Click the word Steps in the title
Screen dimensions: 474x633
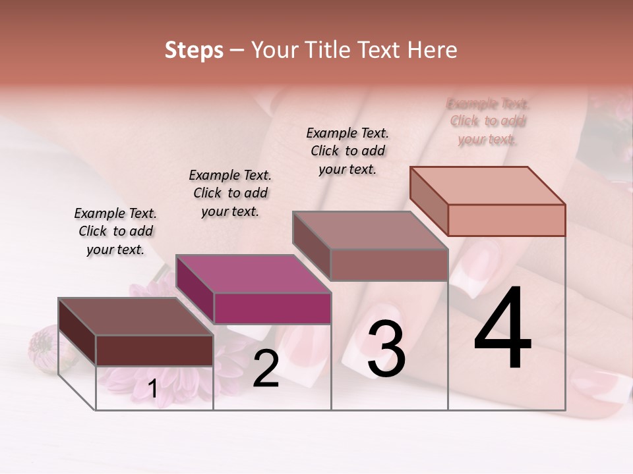coord(194,50)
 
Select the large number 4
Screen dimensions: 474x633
coord(503,329)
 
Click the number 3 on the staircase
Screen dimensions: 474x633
coord(386,350)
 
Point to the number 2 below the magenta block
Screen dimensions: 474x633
coord(266,369)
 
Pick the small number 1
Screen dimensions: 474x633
coord(152,389)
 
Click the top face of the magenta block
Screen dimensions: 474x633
coord(253,274)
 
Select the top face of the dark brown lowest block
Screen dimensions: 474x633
coord(135,317)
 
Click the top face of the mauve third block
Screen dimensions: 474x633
coord(369,230)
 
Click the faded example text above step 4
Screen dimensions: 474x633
coord(488,121)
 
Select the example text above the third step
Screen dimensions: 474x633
coord(347,151)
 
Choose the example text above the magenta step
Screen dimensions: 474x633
coord(230,193)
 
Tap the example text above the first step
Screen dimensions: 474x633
coord(115,231)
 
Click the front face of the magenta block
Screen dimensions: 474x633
coord(272,308)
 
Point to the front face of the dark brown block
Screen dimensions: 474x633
coord(154,350)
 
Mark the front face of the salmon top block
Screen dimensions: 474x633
coord(506,220)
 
